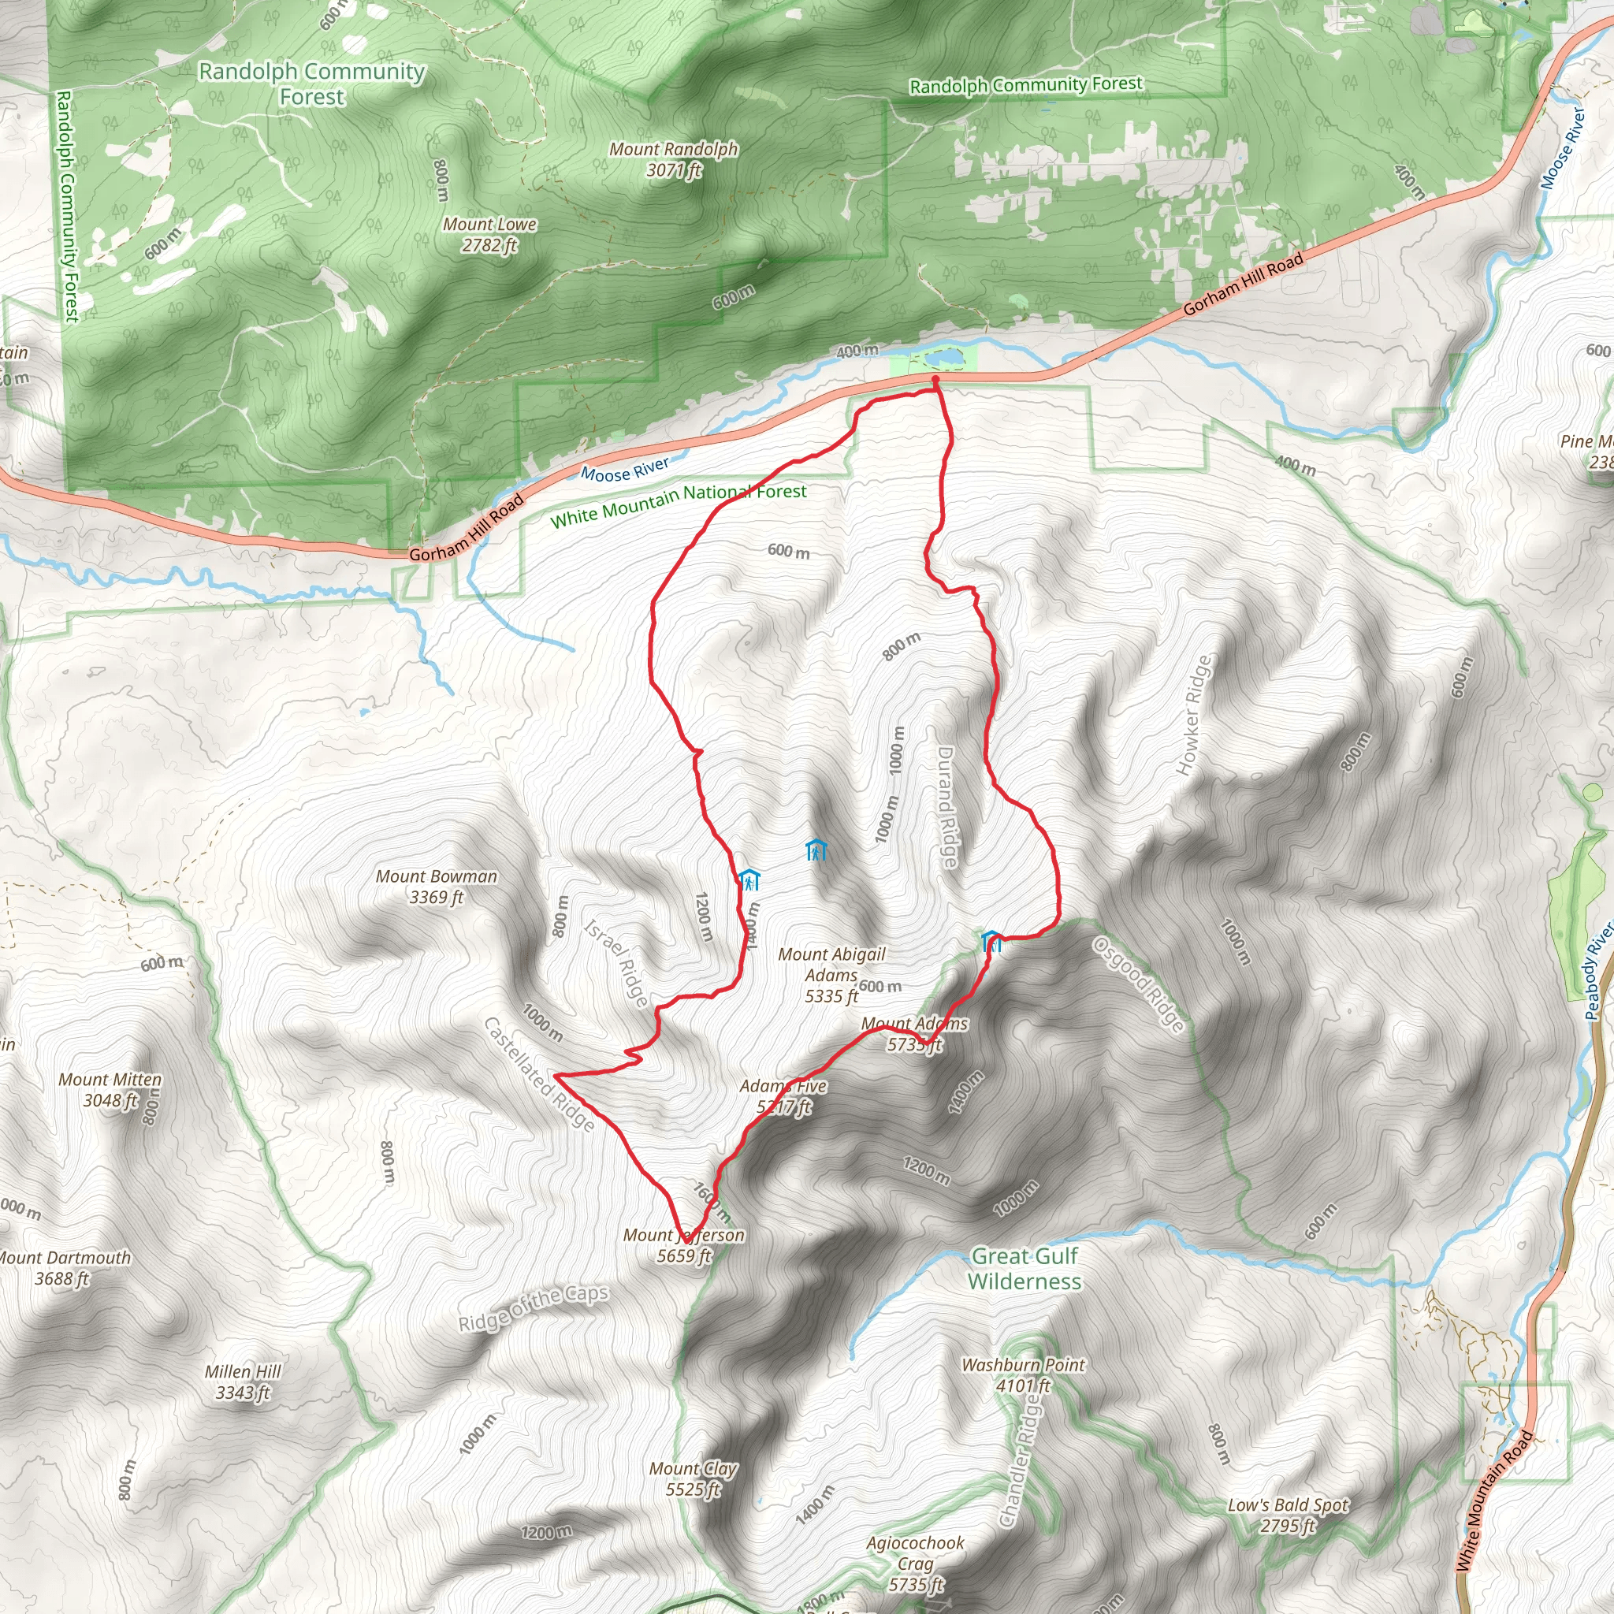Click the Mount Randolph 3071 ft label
[x=673, y=159]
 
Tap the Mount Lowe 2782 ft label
[x=489, y=235]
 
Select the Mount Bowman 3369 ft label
[x=436, y=887]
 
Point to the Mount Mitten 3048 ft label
[x=110, y=1089]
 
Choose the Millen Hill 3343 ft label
[x=243, y=1382]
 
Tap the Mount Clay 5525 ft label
[x=694, y=1478]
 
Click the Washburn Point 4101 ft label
[x=1024, y=1375]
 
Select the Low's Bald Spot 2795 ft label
[x=1288, y=1515]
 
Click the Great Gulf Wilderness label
[x=1025, y=1268]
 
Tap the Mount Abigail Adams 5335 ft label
[x=831, y=975]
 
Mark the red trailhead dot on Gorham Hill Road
[x=935, y=381]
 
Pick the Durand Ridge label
[x=946, y=807]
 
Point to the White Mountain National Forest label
[x=679, y=505]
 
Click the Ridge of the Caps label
[x=533, y=1308]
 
